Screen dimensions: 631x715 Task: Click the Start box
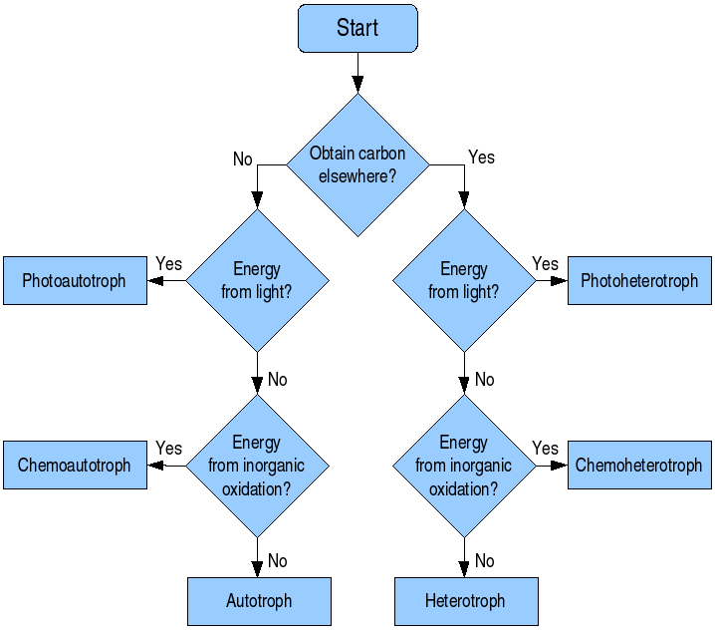point(357,28)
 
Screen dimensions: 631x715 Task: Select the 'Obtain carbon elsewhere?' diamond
point(357,165)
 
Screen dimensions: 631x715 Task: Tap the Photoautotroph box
point(75,280)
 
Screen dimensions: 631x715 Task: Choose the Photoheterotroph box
point(639,280)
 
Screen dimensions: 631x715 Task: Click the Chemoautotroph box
point(75,466)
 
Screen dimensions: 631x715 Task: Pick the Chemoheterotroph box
point(639,466)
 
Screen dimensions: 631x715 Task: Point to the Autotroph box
point(259,601)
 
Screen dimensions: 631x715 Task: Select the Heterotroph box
point(465,601)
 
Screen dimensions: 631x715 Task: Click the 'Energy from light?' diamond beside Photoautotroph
point(257,280)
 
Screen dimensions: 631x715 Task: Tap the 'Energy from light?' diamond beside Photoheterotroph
point(464,280)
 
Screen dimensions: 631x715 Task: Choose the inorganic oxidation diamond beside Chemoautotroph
point(257,466)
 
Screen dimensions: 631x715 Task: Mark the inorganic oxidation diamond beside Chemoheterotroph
point(464,466)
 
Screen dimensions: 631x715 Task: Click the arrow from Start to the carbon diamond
point(357,74)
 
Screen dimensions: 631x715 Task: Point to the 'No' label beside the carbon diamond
point(243,159)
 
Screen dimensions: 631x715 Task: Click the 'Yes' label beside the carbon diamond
point(481,158)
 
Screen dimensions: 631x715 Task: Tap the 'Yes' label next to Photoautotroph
point(169,264)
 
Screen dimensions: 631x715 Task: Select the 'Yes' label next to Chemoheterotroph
point(546,449)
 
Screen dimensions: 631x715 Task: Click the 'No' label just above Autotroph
point(278,561)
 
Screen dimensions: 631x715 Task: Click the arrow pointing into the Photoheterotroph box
point(553,280)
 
